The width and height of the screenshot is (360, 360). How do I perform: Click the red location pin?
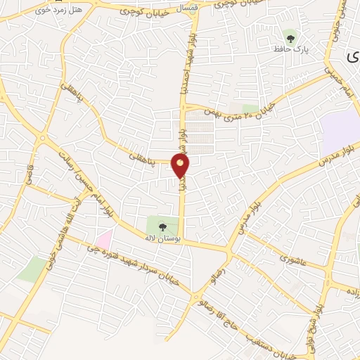click(181, 166)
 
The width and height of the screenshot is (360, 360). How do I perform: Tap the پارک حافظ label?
click(292, 50)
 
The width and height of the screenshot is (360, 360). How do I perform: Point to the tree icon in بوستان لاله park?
click(163, 227)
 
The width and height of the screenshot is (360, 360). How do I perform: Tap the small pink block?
click(104, 239)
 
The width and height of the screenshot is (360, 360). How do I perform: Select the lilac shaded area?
click(340, 134)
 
